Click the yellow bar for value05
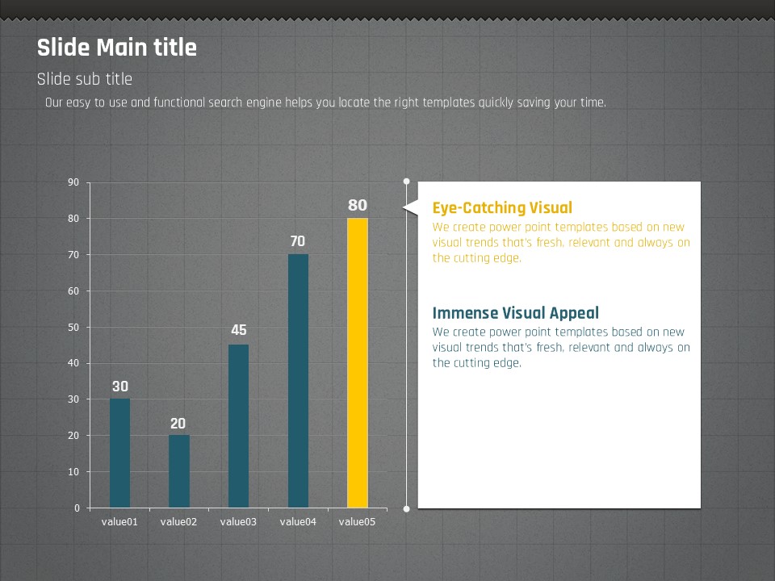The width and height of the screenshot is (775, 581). pos(358,363)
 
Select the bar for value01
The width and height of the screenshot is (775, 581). pos(119,453)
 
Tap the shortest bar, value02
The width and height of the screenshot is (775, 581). pos(179,471)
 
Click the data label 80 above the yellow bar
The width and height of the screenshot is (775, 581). pos(358,206)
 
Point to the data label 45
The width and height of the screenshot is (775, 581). pos(238,330)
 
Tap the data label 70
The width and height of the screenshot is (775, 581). pos(298,241)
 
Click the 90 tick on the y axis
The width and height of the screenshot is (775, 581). pos(74,182)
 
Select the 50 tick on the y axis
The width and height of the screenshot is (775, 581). pos(74,327)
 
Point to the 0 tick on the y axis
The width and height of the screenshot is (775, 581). pos(77,508)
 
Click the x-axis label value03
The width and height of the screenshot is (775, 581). pos(238,522)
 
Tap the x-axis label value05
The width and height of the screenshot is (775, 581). pos(358,522)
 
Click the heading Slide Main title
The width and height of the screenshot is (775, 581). pos(117,48)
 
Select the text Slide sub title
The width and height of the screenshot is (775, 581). pos(85,79)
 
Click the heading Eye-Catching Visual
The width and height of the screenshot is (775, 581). pos(502,208)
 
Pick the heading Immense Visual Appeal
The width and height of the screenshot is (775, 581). pos(515,313)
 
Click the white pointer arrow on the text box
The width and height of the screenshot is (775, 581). pos(411,209)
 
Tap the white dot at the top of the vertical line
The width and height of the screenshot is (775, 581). pos(406,182)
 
